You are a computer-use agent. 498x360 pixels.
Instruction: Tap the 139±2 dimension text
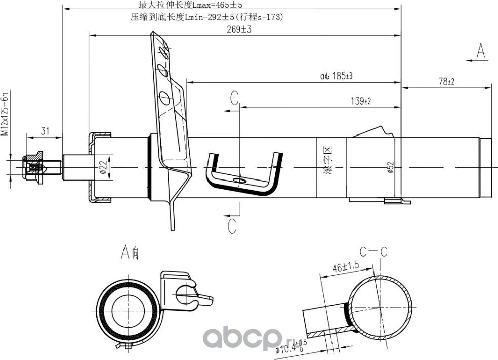pyautogui.click(x=361, y=101)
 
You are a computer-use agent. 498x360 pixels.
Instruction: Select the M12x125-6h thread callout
pyautogui.click(x=6, y=114)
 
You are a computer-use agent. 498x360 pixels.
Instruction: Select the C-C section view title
pyautogui.click(x=373, y=251)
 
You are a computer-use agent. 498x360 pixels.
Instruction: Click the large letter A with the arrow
pyautogui.click(x=481, y=51)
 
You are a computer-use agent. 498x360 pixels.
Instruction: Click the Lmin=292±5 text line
pyautogui.click(x=206, y=17)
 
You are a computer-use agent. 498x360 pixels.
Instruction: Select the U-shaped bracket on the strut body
pyautogui.click(x=243, y=174)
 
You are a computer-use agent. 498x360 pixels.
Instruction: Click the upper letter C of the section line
pyautogui.click(x=233, y=98)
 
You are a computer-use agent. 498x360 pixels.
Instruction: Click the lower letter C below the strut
pyautogui.click(x=232, y=226)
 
